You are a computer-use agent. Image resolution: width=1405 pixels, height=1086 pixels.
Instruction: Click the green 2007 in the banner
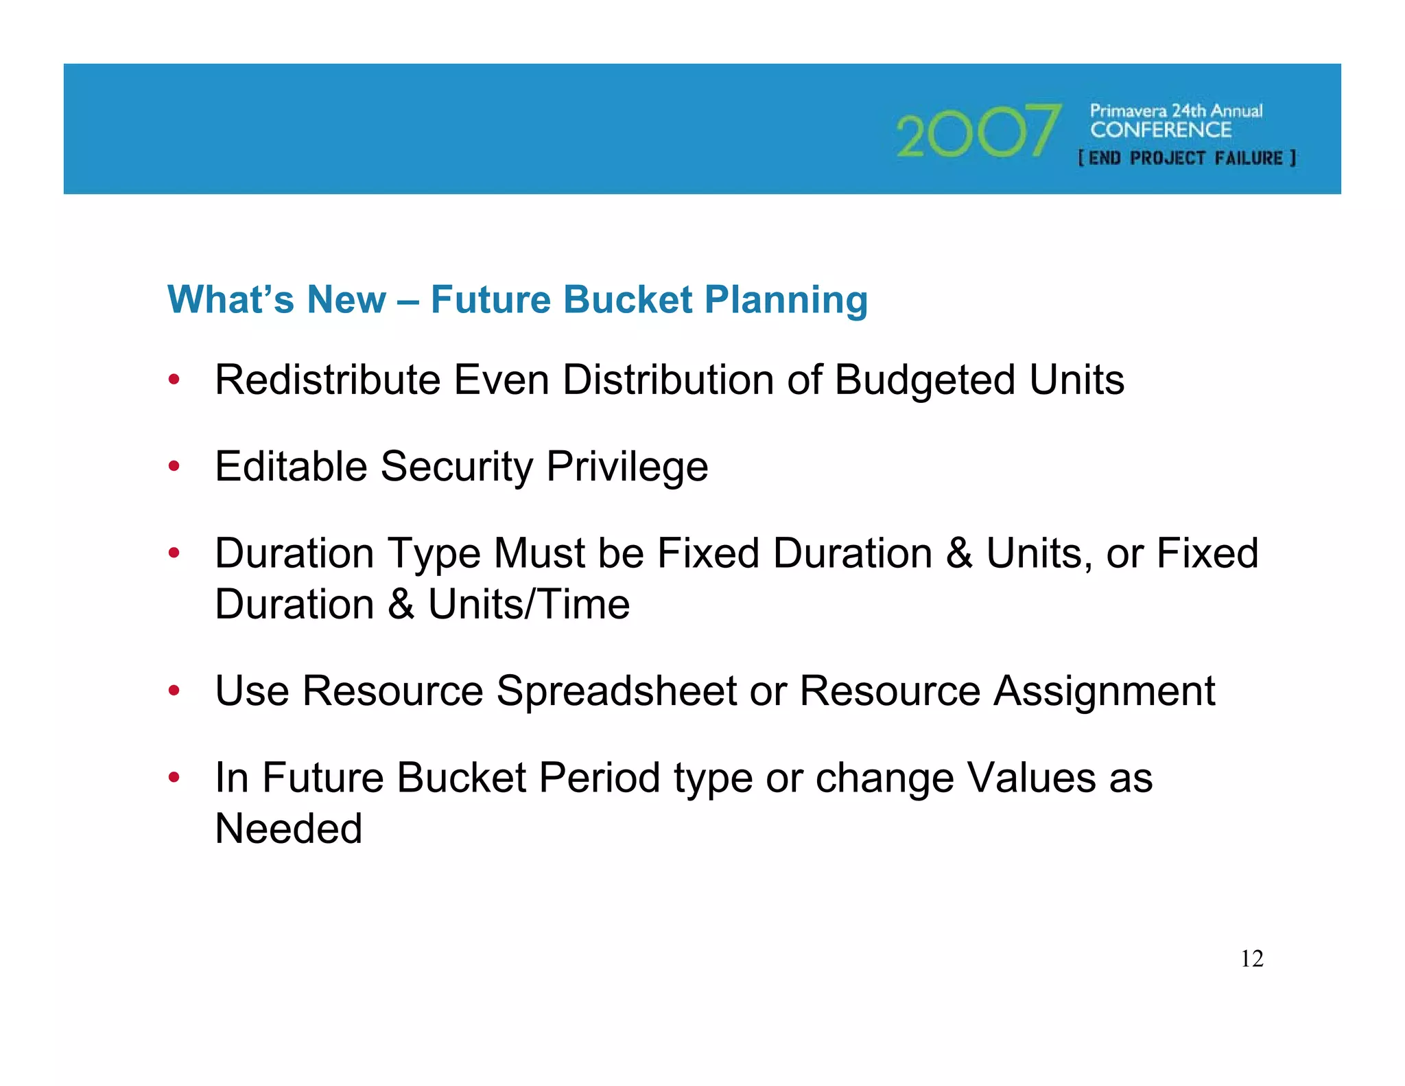click(x=978, y=131)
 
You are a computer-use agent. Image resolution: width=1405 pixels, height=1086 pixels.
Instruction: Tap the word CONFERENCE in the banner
click(x=1161, y=130)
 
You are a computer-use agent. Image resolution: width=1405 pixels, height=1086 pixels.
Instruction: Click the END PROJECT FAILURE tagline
click(x=1187, y=158)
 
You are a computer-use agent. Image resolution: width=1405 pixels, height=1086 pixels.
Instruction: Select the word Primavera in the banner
click(x=1128, y=111)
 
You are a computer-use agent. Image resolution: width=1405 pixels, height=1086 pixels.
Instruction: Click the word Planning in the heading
click(x=786, y=301)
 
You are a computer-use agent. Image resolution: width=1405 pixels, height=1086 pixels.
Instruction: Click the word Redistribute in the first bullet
click(x=327, y=380)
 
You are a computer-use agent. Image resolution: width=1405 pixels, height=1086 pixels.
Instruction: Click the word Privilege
click(x=627, y=467)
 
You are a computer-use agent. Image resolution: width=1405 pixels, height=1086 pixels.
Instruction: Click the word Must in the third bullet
click(x=539, y=553)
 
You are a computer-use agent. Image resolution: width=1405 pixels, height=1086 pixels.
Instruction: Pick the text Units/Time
click(x=529, y=605)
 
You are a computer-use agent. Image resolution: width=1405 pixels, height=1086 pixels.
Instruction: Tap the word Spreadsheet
click(x=616, y=691)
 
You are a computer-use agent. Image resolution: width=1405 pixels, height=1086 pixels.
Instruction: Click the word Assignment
click(x=1105, y=691)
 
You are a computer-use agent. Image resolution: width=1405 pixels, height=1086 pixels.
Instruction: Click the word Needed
click(x=289, y=829)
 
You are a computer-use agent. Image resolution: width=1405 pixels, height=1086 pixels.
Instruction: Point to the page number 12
click(x=1252, y=958)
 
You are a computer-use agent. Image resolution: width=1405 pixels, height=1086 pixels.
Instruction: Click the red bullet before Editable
click(x=174, y=467)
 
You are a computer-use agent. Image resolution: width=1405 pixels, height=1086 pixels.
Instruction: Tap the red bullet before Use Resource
click(x=174, y=691)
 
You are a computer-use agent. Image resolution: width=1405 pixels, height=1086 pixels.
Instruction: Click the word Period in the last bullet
click(x=599, y=778)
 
